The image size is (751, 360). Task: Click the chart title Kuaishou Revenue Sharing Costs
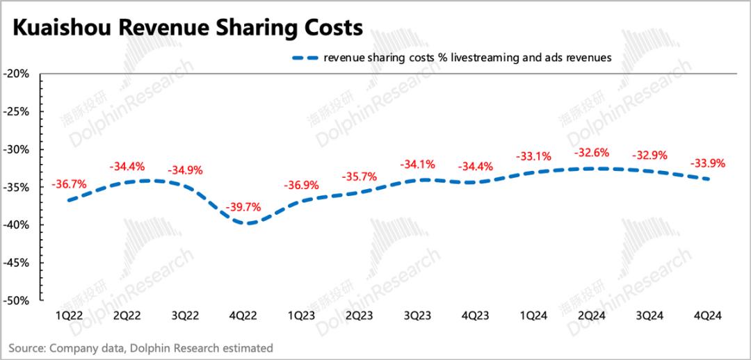click(x=188, y=28)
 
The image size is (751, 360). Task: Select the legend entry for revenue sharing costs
click(x=453, y=58)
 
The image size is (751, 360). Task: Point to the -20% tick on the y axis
click(x=16, y=74)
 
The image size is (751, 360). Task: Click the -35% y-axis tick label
click(x=16, y=187)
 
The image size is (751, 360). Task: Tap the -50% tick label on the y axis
click(x=16, y=301)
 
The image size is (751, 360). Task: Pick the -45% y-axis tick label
click(x=16, y=263)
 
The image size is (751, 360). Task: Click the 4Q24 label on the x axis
click(x=708, y=315)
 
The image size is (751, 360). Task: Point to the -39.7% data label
click(x=243, y=207)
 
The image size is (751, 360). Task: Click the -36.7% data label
click(x=69, y=184)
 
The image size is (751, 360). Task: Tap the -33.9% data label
click(x=708, y=164)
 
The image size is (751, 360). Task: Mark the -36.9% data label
click(x=302, y=186)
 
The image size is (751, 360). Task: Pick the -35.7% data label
click(x=360, y=177)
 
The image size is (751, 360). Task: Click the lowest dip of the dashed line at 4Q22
click(x=247, y=223)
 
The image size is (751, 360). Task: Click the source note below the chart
click(x=141, y=347)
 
